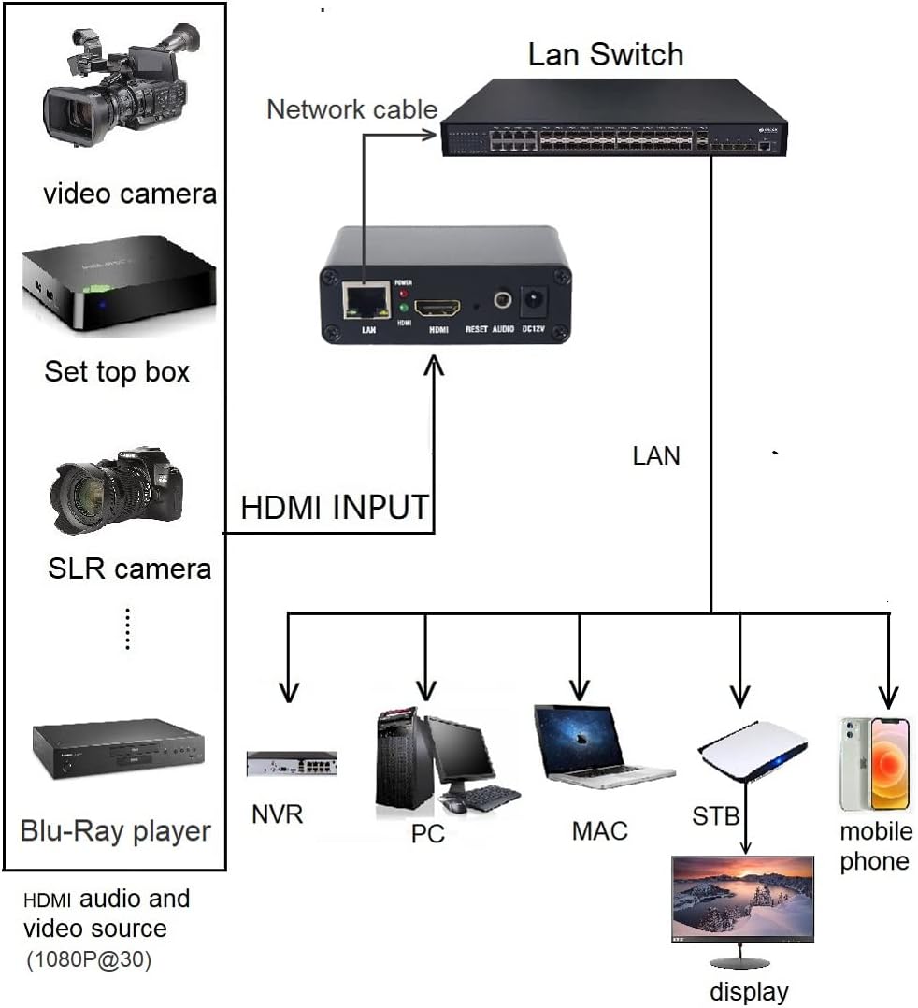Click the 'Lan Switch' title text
[x=605, y=53]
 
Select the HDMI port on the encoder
[x=438, y=307]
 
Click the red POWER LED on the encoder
[x=403, y=292]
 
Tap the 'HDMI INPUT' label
[x=334, y=508]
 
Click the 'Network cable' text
[x=351, y=109]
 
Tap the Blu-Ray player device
[x=118, y=752]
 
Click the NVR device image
[x=292, y=763]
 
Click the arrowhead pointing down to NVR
[x=289, y=693]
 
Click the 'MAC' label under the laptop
[x=599, y=830]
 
